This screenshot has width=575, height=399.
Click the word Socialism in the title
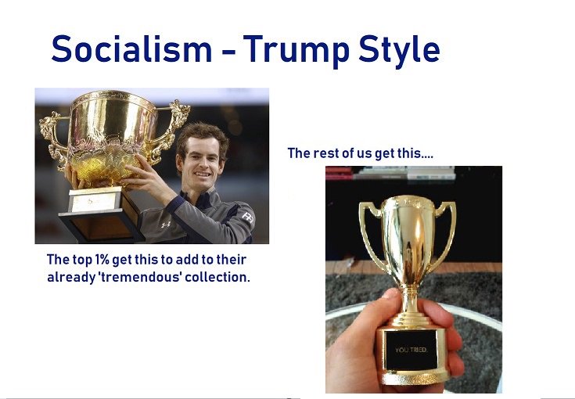tap(132, 49)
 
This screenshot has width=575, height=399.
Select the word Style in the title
tap(399, 51)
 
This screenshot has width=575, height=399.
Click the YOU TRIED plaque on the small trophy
tap(411, 350)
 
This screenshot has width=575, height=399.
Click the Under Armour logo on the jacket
tap(165, 224)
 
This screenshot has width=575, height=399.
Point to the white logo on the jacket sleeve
tap(248, 217)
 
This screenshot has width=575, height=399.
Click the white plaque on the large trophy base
tap(94, 201)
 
